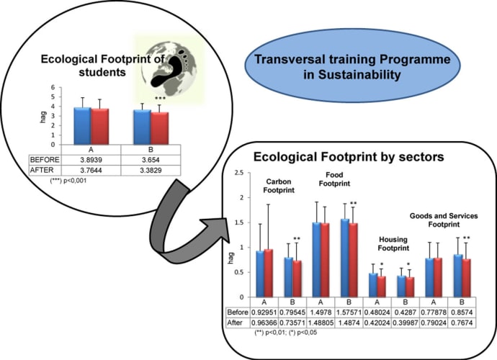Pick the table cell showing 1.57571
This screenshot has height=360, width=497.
coord(350,312)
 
